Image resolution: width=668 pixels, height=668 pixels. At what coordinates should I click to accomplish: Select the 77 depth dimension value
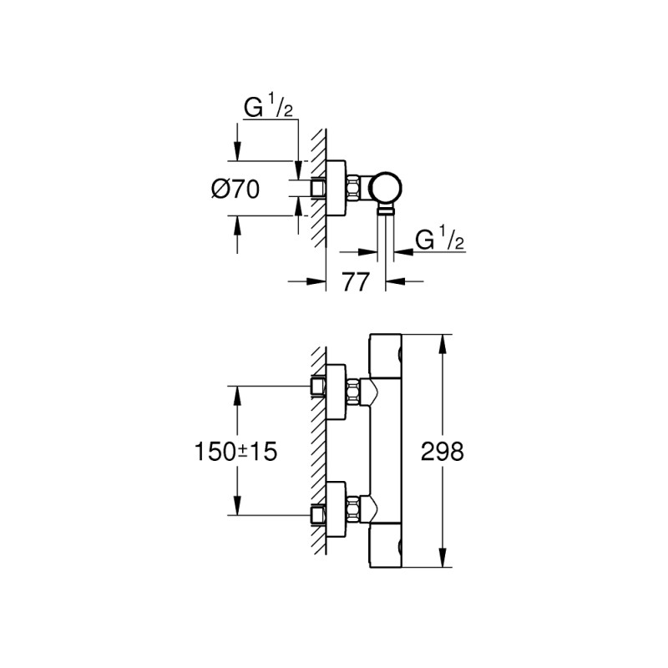coord(356,282)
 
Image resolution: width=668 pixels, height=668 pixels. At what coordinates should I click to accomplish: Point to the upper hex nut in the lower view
coord(355,388)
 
